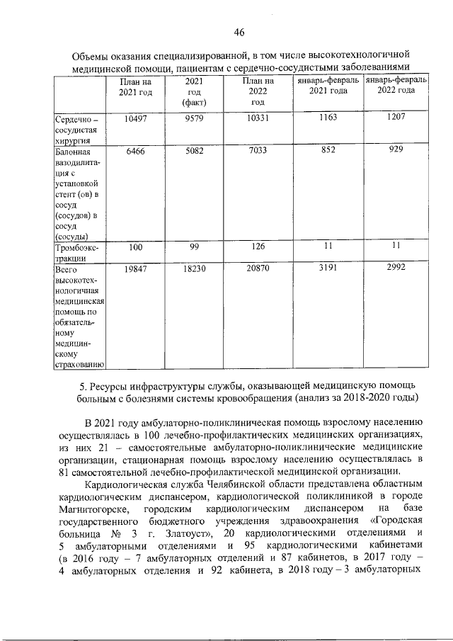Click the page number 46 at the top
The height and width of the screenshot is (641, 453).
pyautogui.click(x=239, y=32)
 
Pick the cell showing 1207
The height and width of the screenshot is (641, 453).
pyautogui.click(x=396, y=117)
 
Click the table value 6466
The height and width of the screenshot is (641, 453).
pyautogui.click(x=134, y=151)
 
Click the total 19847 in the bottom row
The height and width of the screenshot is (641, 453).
pyautogui.click(x=134, y=271)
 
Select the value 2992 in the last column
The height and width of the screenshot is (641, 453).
pyautogui.click(x=396, y=270)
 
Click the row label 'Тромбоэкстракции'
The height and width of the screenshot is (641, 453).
pyautogui.click(x=78, y=254)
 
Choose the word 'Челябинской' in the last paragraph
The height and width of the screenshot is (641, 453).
pyautogui.click(x=244, y=484)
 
